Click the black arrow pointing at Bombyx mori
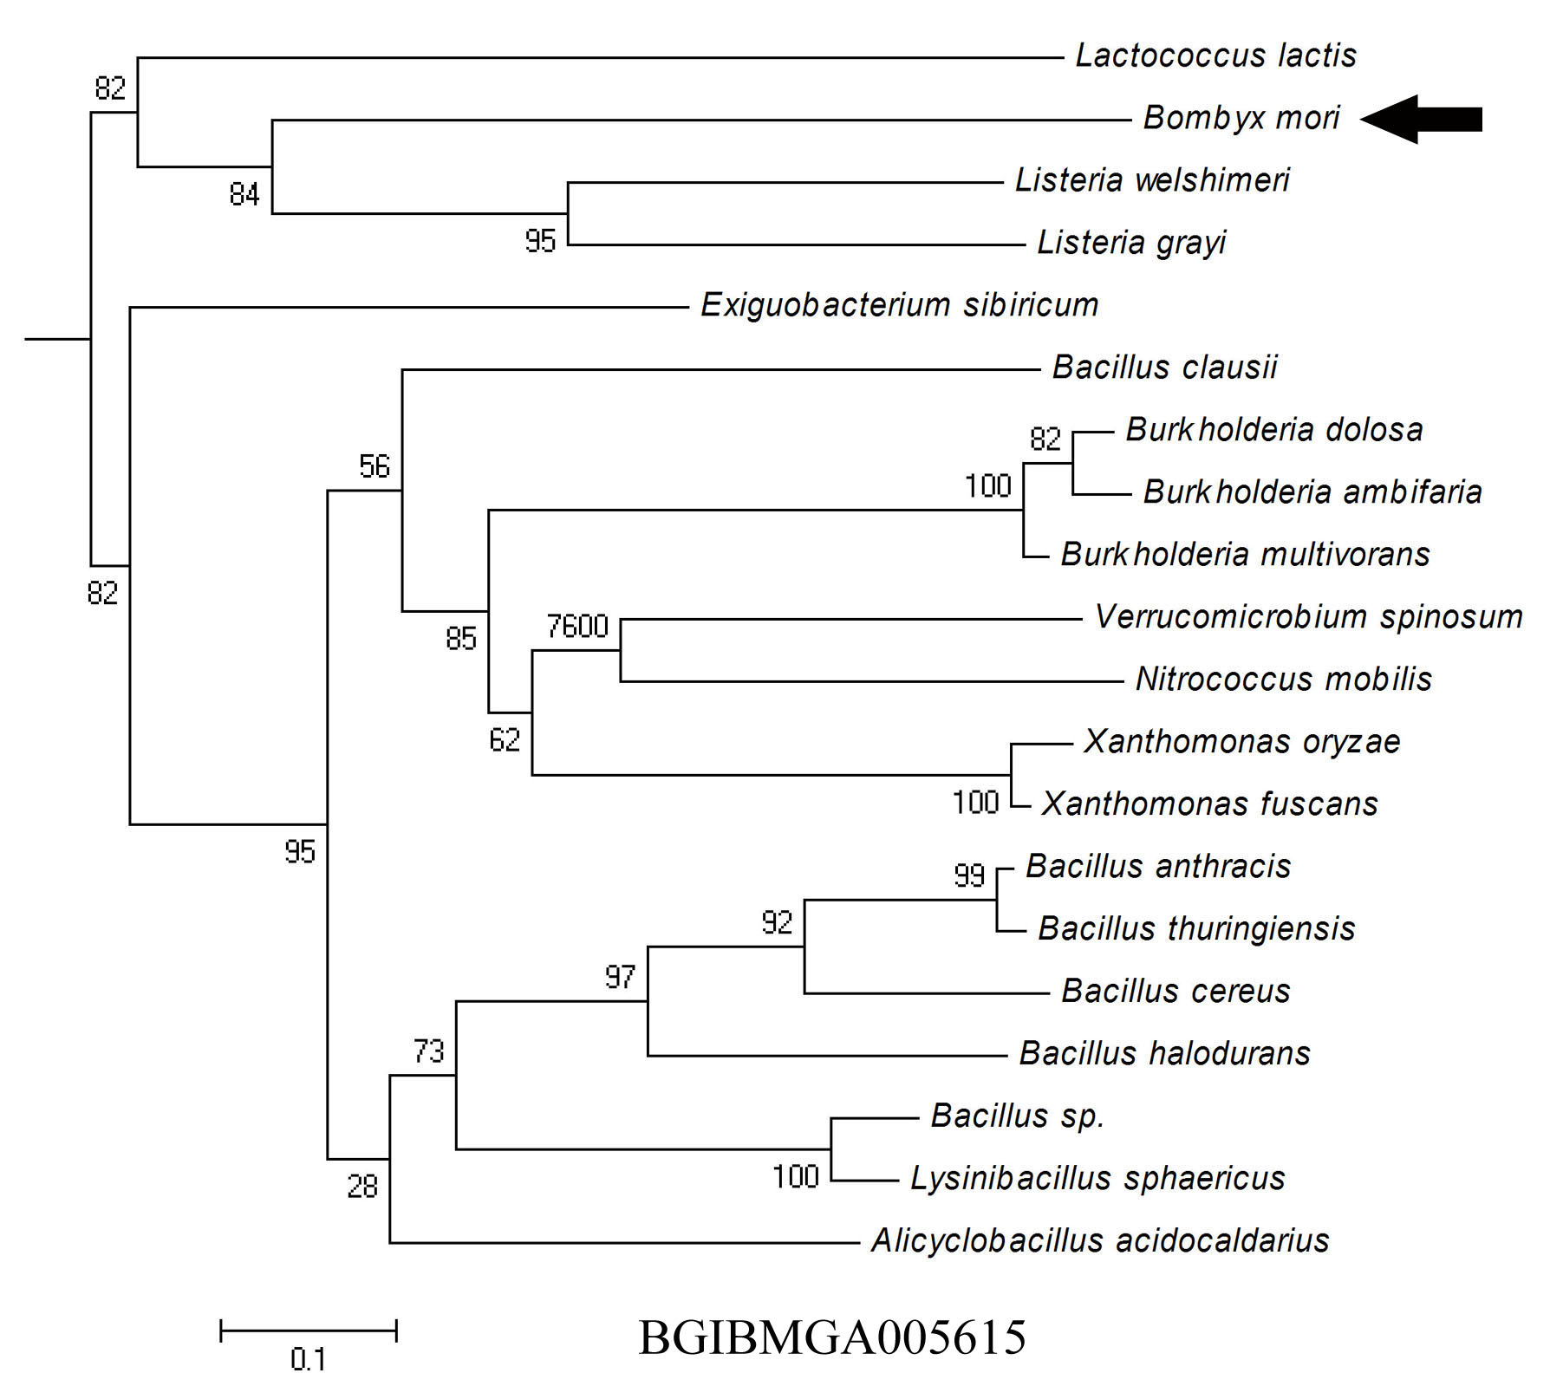tap(1421, 119)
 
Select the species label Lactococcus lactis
tap(1216, 55)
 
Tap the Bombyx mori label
tap(1241, 118)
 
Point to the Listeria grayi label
tap(1132, 243)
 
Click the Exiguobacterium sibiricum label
tap(900, 305)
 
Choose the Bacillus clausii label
tap(1165, 368)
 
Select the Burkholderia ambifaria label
tap(1312, 492)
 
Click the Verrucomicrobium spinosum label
tap(1309, 617)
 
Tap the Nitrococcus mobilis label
tap(1284, 679)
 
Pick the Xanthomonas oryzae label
tap(1242, 742)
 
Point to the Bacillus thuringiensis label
tap(1196, 928)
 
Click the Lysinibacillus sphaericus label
tap(1097, 1178)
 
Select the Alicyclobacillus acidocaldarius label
tap(1100, 1241)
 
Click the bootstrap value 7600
tap(577, 626)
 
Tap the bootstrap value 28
tap(362, 1186)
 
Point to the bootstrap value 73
tap(428, 1051)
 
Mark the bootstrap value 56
tap(374, 466)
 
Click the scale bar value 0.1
tap(308, 1359)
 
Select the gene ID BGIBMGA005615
tap(832, 1337)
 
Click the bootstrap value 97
tap(620, 978)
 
